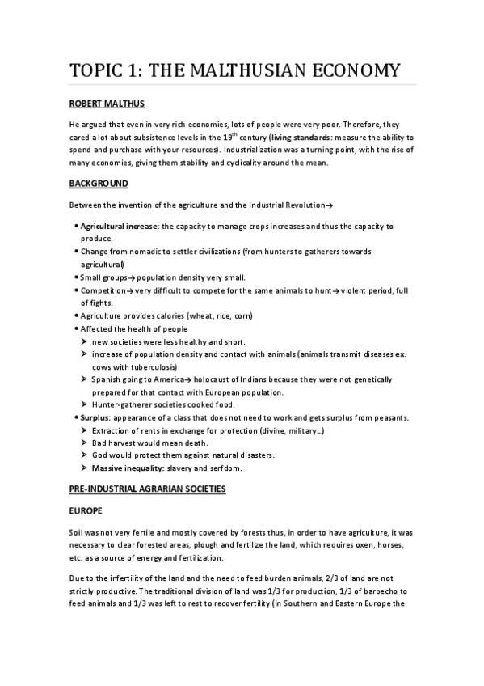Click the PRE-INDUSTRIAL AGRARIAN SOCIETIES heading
pos(148,489)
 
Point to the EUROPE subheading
pos(86,511)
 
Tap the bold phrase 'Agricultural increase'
pos(119,227)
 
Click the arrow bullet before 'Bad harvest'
pos(85,443)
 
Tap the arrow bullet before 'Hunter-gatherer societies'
pos(85,404)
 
